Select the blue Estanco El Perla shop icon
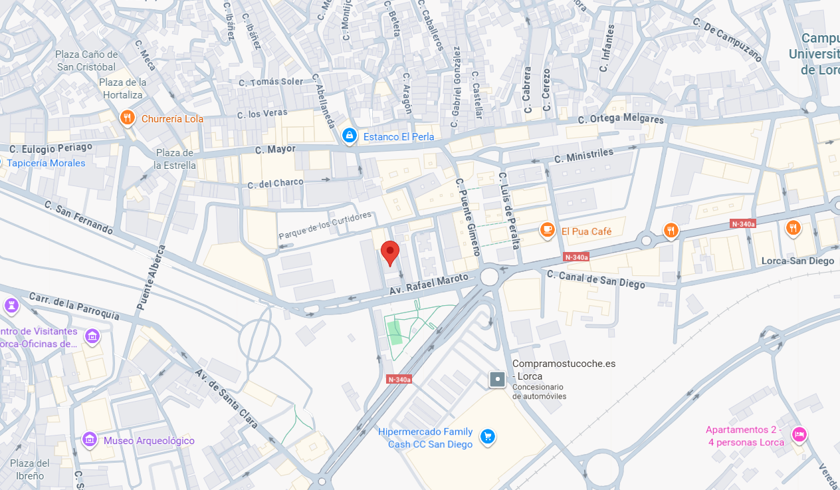349,136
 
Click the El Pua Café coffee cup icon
547,231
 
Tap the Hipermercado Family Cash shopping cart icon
488,437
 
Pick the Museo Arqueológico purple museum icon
90,439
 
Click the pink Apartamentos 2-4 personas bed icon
799,435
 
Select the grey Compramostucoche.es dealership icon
497,380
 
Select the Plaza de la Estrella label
175,159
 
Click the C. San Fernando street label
78,216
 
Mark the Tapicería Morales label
47,163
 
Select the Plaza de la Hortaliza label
123,88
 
